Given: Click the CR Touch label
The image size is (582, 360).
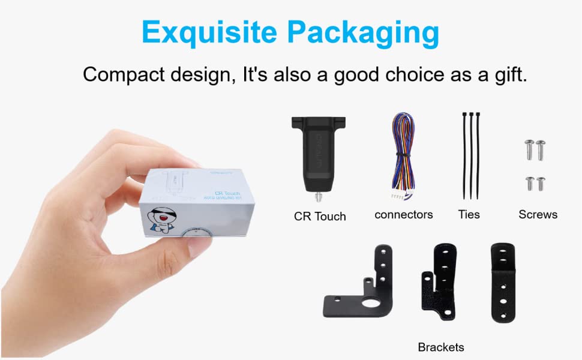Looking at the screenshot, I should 320,216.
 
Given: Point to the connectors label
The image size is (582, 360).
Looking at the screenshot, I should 403,214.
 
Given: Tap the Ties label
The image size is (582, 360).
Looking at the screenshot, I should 470,214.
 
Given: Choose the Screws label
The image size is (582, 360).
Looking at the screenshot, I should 538,214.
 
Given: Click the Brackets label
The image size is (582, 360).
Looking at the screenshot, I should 441,347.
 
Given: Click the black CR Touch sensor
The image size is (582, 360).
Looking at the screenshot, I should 316,150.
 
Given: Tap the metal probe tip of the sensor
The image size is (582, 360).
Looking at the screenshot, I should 316,196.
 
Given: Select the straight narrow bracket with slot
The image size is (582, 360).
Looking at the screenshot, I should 503,282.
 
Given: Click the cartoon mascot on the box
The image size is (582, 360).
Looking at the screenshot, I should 164,220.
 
